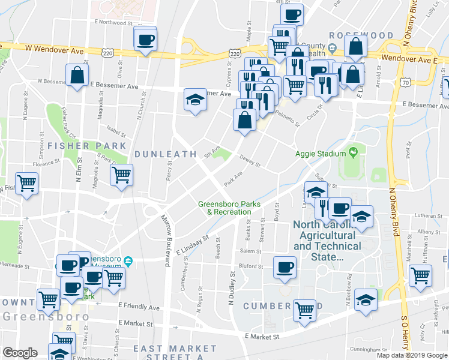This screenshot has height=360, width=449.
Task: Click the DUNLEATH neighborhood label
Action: pyautogui.click(x=165, y=154)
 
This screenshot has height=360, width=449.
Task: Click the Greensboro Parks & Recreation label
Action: pyautogui.click(x=229, y=208)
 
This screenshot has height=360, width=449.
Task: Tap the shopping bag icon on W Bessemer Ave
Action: pyautogui.click(x=77, y=76)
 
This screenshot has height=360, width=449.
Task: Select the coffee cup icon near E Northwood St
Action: pyautogui.click(x=145, y=40)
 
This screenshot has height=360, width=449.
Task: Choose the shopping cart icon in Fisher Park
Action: pyautogui.click(x=122, y=175)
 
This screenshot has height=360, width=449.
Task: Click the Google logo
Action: pyautogui.click(x=20, y=353)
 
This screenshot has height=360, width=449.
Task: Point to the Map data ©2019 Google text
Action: pyautogui.click(x=412, y=355)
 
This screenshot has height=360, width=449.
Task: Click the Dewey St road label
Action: pyautogui.click(x=250, y=162)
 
